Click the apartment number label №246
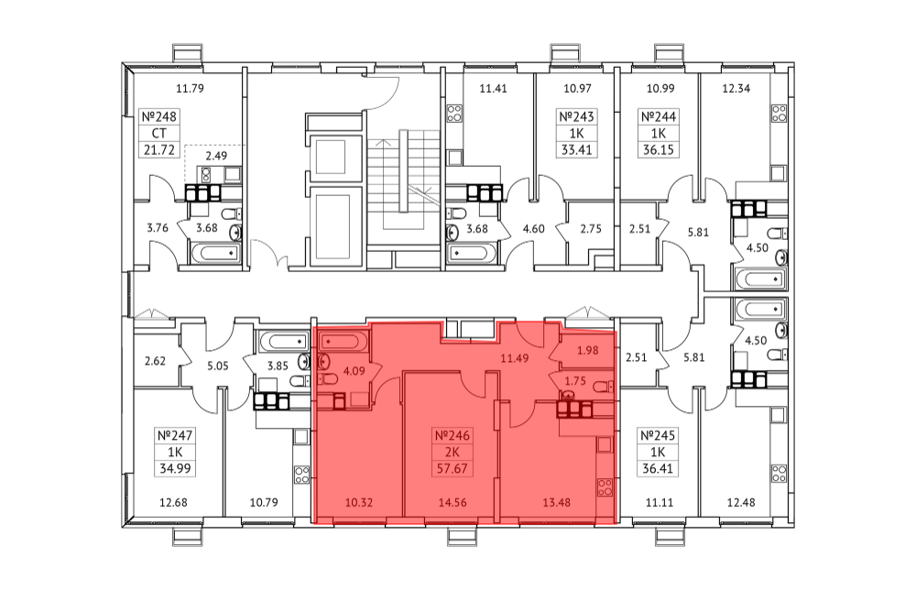[x=453, y=436]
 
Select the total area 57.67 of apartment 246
[x=453, y=468]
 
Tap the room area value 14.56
[x=453, y=502]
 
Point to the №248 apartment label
[x=158, y=117]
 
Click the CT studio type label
[x=158, y=133]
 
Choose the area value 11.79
[x=190, y=89]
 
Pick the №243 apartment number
[x=576, y=117]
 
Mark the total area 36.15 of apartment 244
[x=659, y=149]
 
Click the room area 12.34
[x=736, y=89]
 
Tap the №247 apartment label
[x=175, y=436]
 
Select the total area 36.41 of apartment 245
[x=658, y=468]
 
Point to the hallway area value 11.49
[x=515, y=358]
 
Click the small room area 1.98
[x=588, y=351]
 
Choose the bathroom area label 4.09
[x=354, y=370]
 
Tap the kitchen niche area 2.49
[x=216, y=156]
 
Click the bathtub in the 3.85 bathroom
[x=283, y=341]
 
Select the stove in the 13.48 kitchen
[x=605, y=487]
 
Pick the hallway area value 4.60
[x=533, y=228]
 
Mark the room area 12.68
[x=173, y=502]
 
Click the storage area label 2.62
[x=155, y=361]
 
